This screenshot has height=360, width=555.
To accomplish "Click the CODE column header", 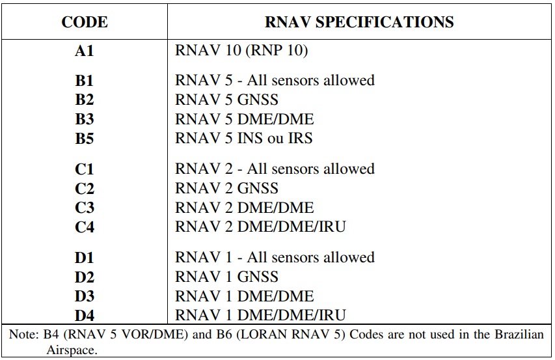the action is [85, 22].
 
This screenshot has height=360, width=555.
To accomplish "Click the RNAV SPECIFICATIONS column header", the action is [359, 22].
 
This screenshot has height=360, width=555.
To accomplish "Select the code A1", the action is [84, 51].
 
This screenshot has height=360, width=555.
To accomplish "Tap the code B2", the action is [84, 100].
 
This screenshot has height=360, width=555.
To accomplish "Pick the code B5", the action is [84, 139].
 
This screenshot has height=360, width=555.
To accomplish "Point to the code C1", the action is [84, 169].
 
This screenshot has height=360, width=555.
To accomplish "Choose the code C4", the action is [84, 227].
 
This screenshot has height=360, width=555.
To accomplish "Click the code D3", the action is [84, 296].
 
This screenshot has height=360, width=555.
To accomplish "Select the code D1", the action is [84, 258].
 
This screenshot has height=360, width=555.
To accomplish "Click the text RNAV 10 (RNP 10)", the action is [241, 50].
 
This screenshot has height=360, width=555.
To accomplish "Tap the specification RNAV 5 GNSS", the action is [226, 100].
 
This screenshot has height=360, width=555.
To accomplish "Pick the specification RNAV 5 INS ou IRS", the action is [244, 138].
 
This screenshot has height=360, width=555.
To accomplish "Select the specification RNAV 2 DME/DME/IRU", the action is [260, 227].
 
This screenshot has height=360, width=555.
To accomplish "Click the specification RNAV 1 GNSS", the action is [226, 277].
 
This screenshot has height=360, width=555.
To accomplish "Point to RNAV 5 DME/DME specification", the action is [244, 119].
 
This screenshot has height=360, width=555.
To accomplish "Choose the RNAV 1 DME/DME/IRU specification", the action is [260, 315].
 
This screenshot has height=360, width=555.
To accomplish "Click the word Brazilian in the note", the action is [519, 334].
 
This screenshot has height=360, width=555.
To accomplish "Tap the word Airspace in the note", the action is [72, 350].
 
